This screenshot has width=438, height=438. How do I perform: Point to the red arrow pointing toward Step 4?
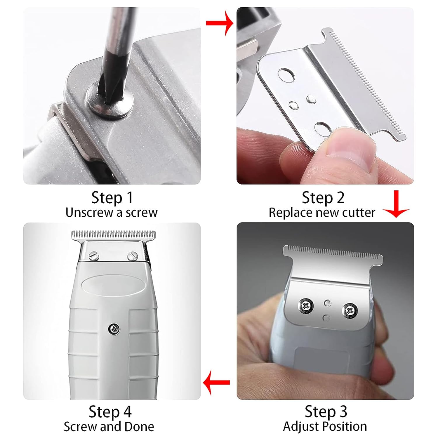pyautogui.click(x=216, y=383)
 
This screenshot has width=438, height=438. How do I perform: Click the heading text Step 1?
pyautogui.click(x=112, y=198)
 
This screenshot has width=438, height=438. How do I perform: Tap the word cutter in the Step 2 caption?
pyautogui.click(x=359, y=213)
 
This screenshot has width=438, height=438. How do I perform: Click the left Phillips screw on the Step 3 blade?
pyautogui.click(x=306, y=306)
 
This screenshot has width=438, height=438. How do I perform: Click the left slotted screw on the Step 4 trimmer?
pyautogui.click(x=94, y=256)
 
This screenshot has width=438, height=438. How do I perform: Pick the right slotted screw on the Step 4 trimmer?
pyautogui.click(x=133, y=256)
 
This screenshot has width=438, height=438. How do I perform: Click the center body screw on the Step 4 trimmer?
pyautogui.click(x=114, y=329)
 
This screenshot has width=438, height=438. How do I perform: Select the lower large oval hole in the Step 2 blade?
pyautogui.click(x=321, y=129)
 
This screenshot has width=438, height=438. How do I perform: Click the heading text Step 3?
pyautogui.click(x=326, y=411)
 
